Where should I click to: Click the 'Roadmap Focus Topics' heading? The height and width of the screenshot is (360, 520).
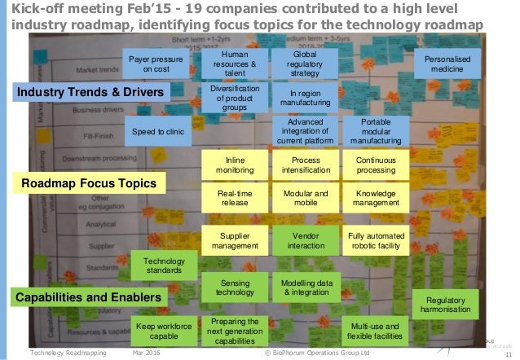tap(89, 183)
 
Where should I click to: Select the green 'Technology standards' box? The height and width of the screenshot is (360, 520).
tap(164, 265)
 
